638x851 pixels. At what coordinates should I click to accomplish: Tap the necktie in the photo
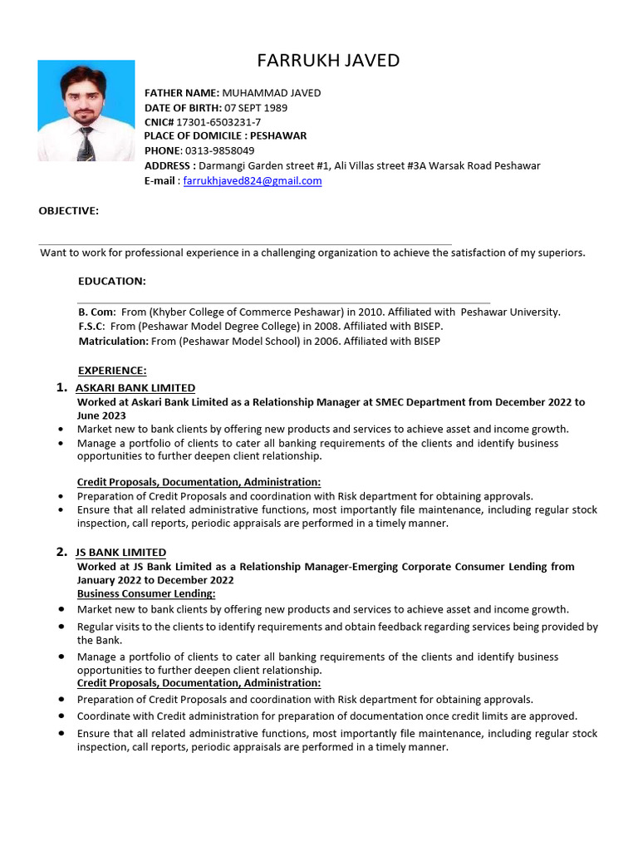pyautogui.click(x=86, y=144)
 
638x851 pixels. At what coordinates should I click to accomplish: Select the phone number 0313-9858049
pyautogui.click(x=219, y=150)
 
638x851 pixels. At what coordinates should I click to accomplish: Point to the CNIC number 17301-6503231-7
pyautogui.click(x=218, y=121)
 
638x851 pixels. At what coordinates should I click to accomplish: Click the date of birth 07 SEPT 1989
pyautogui.click(x=256, y=107)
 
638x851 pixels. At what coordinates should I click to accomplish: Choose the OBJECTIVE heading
pyautogui.click(x=69, y=211)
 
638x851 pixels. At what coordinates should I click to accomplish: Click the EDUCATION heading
pyautogui.click(x=112, y=281)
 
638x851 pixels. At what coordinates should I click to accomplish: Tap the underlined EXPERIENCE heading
pyautogui.click(x=112, y=371)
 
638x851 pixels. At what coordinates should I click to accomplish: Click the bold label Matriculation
pyautogui.click(x=113, y=341)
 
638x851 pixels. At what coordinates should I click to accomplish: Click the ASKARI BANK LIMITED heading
pyautogui.click(x=135, y=388)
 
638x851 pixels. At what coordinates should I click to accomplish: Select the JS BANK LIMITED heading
pyautogui.click(x=120, y=553)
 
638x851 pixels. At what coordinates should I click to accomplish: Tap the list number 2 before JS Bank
pyautogui.click(x=61, y=552)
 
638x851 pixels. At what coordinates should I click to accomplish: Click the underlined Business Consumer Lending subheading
pyautogui.click(x=146, y=593)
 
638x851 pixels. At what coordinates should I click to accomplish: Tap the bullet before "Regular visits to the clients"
pyautogui.click(x=62, y=627)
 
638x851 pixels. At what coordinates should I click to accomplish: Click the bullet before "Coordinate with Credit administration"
pyautogui.click(x=62, y=716)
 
